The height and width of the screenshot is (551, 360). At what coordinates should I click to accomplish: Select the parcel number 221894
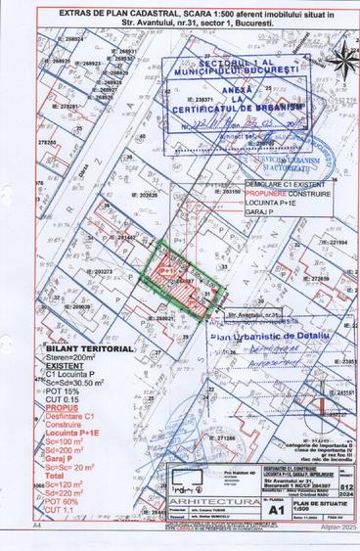point(335,243)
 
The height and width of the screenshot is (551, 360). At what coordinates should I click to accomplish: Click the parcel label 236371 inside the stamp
point(203,99)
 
